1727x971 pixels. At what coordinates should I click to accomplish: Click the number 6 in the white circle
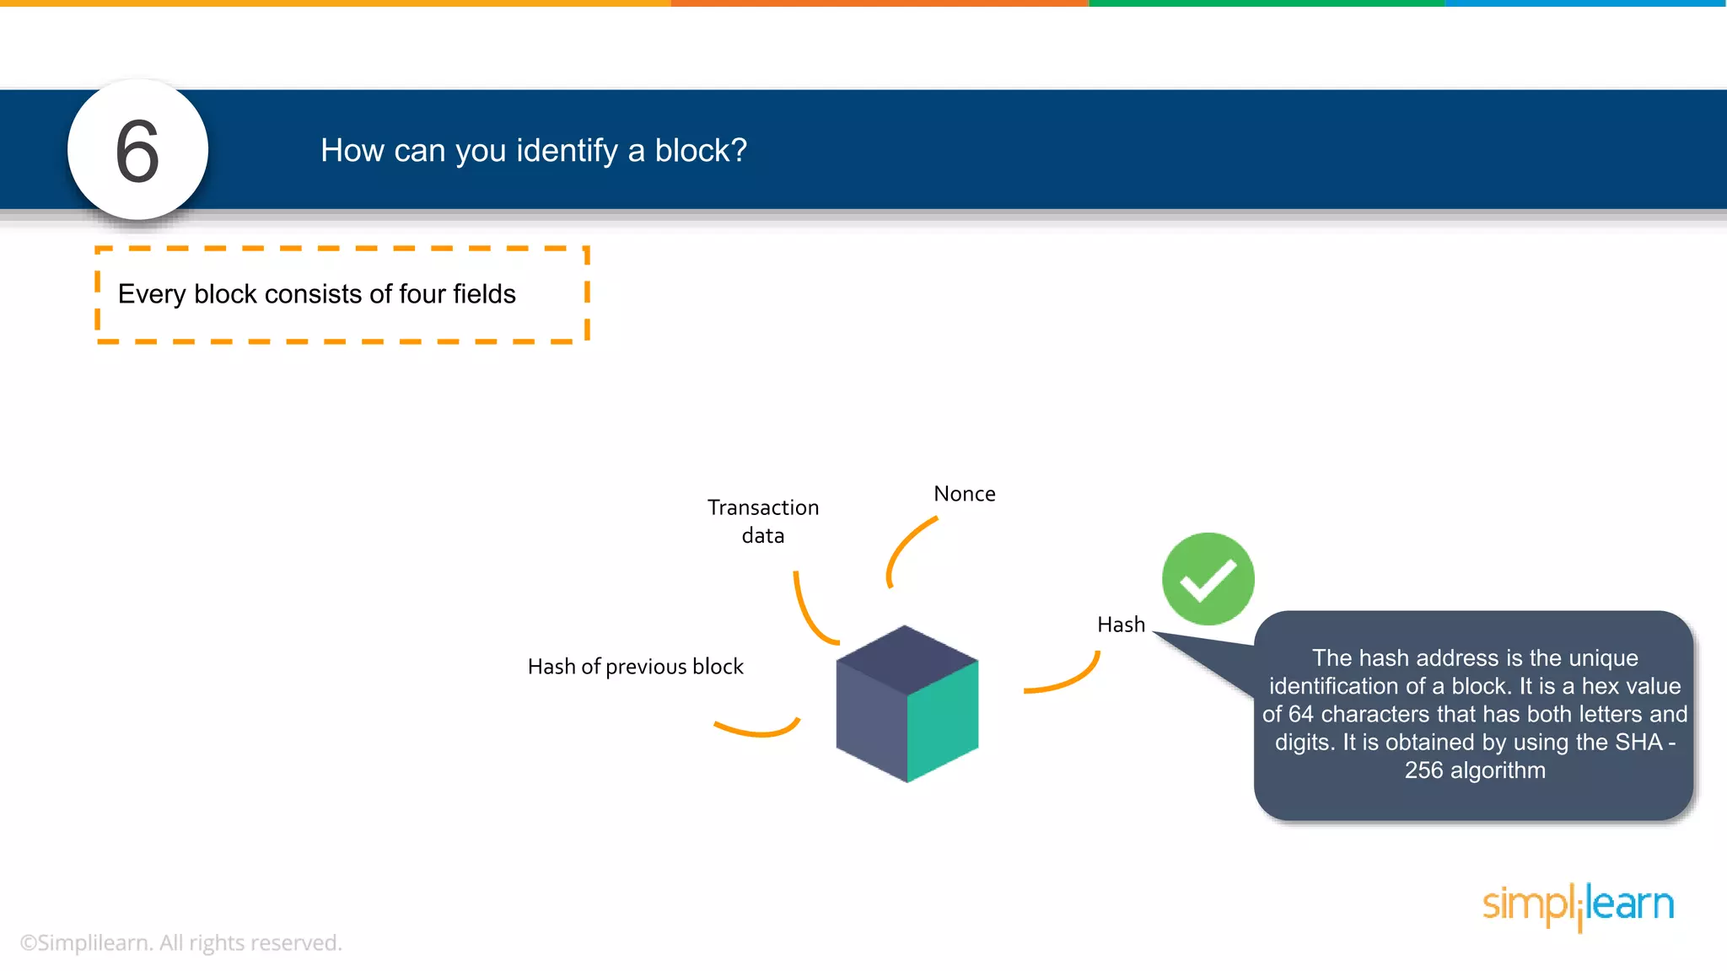pyautogui.click(x=137, y=152)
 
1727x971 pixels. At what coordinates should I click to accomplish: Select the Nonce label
pyautogui.click(x=964, y=494)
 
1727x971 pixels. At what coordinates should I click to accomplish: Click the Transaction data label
pyautogui.click(x=762, y=521)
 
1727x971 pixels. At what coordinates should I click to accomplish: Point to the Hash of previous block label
pyautogui.click(x=635, y=667)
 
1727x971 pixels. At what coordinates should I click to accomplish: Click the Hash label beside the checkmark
pyautogui.click(x=1121, y=625)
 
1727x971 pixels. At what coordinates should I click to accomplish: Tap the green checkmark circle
pyautogui.click(x=1208, y=579)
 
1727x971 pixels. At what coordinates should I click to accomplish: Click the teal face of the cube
pyautogui.click(x=943, y=721)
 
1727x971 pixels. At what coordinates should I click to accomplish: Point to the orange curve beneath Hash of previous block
pyautogui.click(x=758, y=732)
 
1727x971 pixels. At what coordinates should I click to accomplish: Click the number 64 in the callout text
pyautogui.click(x=1300, y=714)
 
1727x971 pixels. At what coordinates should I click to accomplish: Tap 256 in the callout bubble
pyautogui.click(x=1423, y=770)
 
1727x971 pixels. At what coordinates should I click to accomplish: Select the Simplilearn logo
pyautogui.click(x=1578, y=906)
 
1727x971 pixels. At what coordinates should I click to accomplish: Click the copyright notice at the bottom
pyautogui.click(x=180, y=942)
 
